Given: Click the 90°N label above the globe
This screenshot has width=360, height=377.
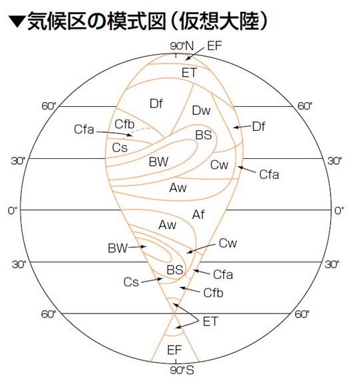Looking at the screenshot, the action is [x=182, y=46].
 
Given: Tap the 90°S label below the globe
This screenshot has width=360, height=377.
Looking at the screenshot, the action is [x=182, y=370].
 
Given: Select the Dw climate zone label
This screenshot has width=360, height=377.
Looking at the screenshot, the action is [x=201, y=110].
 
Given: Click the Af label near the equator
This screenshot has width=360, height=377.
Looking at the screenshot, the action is [x=198, y=214].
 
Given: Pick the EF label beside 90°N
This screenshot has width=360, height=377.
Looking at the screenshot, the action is [x=214, y=45].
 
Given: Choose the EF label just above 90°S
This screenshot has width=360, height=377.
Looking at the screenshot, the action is [x=174, y=350].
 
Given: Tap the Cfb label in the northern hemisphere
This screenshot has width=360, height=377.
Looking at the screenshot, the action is [x=124, y=124].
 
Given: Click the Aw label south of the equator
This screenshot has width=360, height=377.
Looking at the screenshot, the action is [x=167, y=225].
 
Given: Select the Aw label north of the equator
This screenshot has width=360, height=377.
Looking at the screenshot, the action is [x=178, y=187].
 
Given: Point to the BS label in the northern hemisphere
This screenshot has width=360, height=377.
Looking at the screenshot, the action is [x=204, y=135].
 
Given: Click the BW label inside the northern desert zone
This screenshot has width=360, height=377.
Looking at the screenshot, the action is [x=158, y=161].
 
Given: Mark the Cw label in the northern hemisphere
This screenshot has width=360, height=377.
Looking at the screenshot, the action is [x=219, y=165].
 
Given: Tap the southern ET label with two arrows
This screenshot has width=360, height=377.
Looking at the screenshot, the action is [x=210, y=322].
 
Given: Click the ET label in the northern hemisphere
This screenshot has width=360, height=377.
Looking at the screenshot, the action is [x=189, y=73].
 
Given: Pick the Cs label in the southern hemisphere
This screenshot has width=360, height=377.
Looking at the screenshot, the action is [x=131, y=282].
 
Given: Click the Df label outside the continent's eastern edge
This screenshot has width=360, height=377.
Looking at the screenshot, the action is [x=258, y=127].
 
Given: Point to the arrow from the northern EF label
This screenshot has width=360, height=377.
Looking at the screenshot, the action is [x=195, y=54].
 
